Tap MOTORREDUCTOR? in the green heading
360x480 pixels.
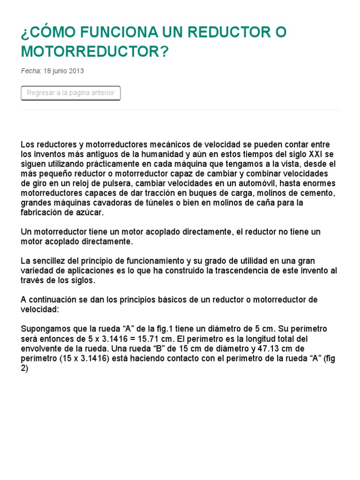[94, 52]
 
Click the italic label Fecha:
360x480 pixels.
[31, 71]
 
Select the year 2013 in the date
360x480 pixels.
[76, 71]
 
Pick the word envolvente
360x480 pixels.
[45, 349]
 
